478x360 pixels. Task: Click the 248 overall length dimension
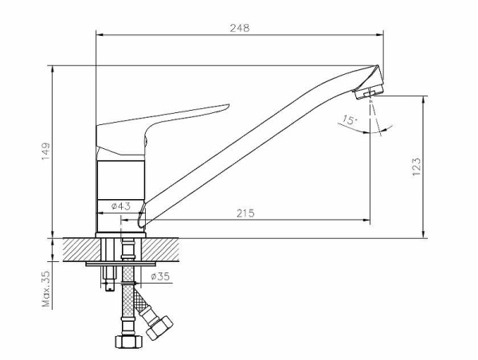(240, 28)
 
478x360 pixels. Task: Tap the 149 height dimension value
(45, 151)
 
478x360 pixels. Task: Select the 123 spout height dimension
(417, 166)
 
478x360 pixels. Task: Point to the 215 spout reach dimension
(245, 213)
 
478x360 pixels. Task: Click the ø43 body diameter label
(121, 206)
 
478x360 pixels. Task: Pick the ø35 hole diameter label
(160, 276)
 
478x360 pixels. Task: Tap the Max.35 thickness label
(45, 289)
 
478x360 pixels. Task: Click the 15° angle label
(349, 119)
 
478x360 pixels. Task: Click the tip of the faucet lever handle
(229, 105)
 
